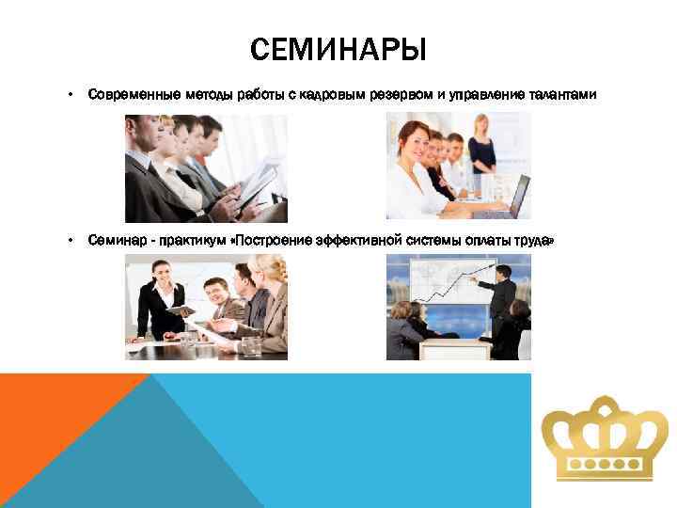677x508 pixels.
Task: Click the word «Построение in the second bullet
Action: (x=266, y=240)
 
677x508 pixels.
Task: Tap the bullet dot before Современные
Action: (x=70, y=95)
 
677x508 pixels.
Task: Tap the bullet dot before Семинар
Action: (x=70, y=240)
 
